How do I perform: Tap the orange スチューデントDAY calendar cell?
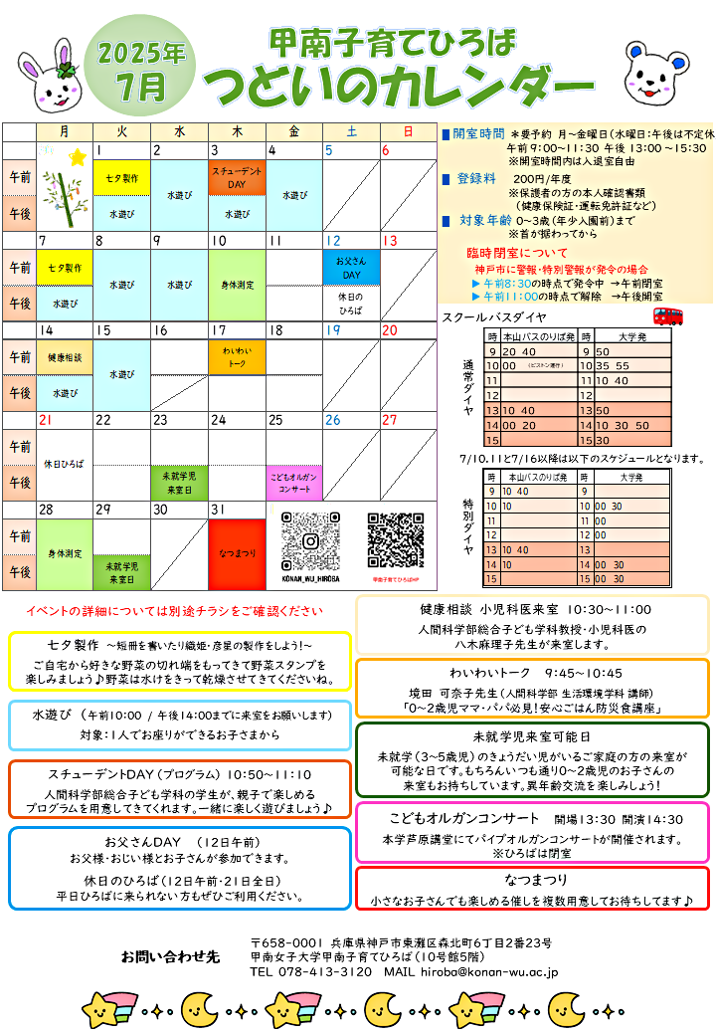point(237,177)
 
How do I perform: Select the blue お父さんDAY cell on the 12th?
point(350,268)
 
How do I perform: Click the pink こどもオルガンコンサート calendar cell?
point(294,483)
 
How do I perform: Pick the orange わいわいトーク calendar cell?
point(237,357)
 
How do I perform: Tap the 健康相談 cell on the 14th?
point(65,356)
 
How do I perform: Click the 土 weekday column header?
point(351,131)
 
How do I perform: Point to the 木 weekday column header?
point(237,131)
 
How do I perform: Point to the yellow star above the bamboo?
point(77,156)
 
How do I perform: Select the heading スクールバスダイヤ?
point(494,318)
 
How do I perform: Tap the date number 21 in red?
point(46,420)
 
